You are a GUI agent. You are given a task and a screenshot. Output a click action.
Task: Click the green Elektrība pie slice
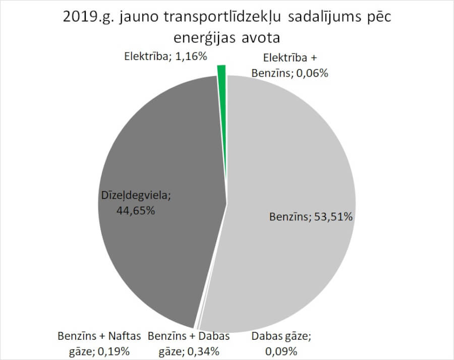coord(221,72)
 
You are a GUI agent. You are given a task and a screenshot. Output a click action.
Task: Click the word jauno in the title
coord(133,17)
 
